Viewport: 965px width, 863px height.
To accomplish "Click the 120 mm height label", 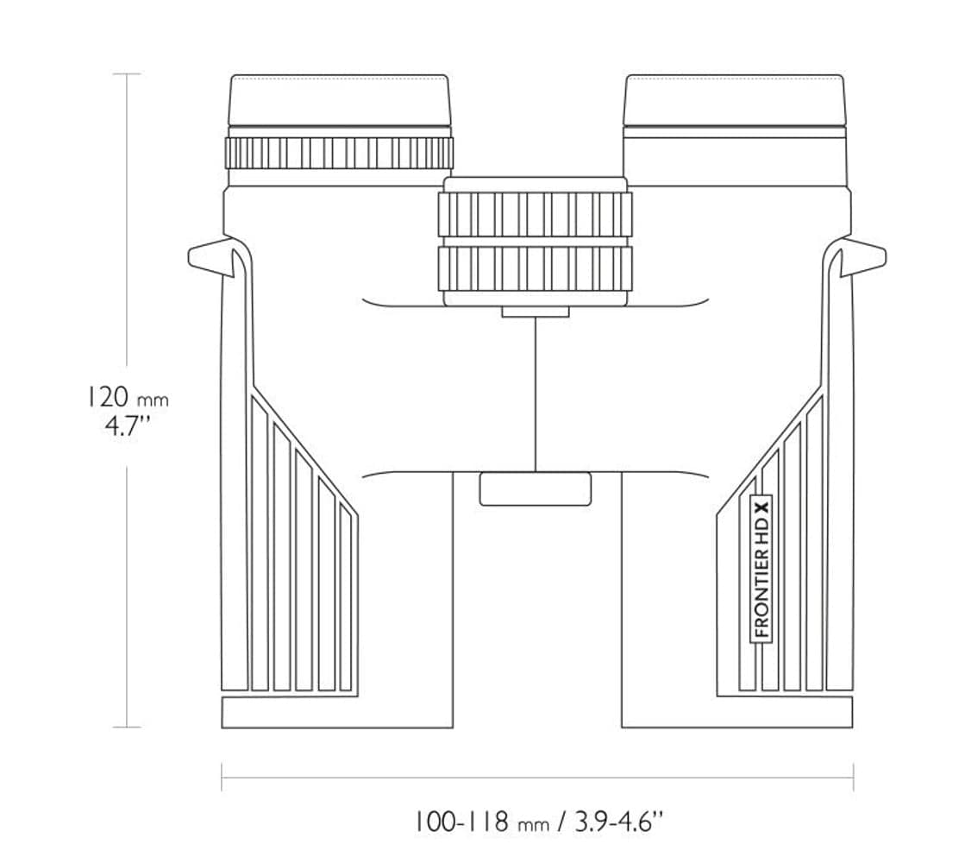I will coord(127,397).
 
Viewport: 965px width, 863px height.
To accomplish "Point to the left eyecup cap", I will coord(339,101).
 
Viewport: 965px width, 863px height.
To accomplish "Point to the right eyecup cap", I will coord(734,101).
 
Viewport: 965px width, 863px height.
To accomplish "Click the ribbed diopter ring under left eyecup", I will coord(339,153).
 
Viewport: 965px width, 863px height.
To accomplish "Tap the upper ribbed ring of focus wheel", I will coord(535,214).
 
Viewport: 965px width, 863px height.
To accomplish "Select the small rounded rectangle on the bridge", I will coord(536,488).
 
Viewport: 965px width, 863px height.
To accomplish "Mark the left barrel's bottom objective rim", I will coord(337,712).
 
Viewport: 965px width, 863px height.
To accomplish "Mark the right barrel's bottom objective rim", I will coord(736,712).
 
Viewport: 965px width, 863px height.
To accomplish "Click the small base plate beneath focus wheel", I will coord(535,312).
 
